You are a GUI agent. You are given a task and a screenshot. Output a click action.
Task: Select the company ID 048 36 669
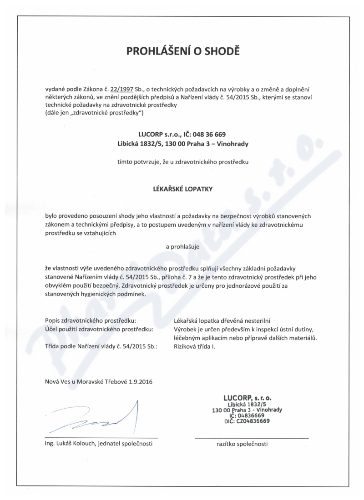(207, 135)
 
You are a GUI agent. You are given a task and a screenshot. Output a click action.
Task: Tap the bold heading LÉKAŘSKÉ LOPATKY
(182, 187)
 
